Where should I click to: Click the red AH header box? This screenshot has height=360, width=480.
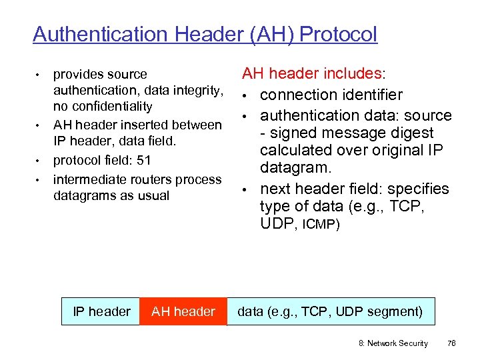point(183,311)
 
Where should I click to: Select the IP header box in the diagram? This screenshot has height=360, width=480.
point(101,311)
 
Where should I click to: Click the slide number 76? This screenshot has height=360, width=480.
point(451,343)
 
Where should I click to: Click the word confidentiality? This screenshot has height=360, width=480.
point(103,106)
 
